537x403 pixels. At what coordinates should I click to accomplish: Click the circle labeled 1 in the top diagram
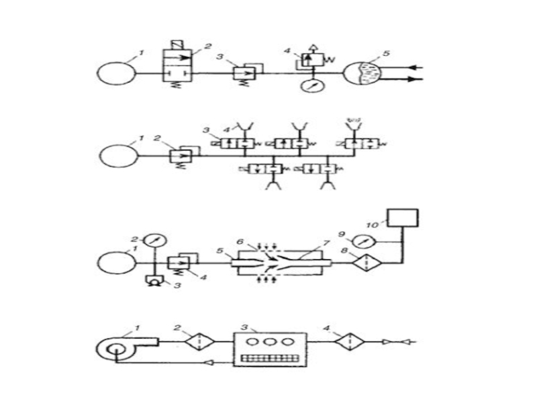coord(116,73)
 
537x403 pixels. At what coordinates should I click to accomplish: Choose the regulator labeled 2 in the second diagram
coord(181,156)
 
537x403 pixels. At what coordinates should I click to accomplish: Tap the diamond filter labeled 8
coord(364,263)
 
